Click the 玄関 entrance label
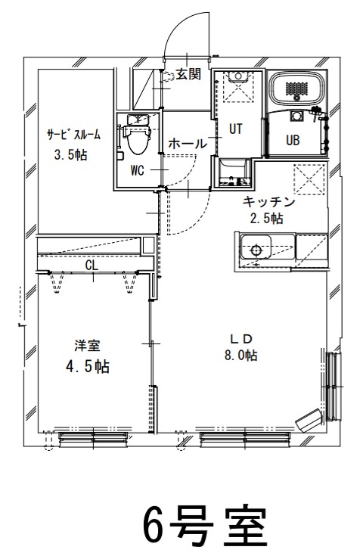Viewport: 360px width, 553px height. click(188, 75)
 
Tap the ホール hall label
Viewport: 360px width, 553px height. click(187, 143)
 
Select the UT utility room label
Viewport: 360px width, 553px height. click(236, 129)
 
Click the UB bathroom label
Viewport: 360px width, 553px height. click(293, 140)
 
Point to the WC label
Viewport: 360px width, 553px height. click(138, 170)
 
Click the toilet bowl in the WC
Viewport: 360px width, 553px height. click(138, 140)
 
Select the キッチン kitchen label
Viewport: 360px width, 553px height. click(268, 202)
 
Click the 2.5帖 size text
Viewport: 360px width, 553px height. click(267, 219)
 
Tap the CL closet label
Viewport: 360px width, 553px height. click(92, 266)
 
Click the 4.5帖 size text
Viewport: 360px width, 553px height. click(87, 367)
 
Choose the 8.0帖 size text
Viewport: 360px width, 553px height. click(240, 355)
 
